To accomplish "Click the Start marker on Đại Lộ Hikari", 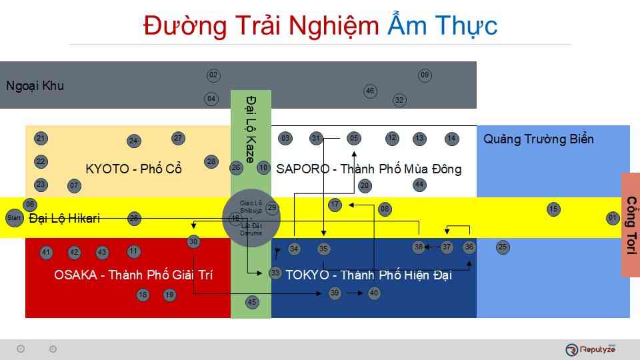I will coord(13,218).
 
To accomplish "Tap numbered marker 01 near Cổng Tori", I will coord(613,218).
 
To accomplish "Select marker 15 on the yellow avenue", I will coord(553,209).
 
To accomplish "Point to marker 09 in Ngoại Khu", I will coord(425,75).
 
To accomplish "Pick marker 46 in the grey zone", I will coord(371,91).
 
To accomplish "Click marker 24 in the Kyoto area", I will coord(133,141).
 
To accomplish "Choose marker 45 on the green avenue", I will coord(252,303).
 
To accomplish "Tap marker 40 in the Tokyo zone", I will coord(374,293).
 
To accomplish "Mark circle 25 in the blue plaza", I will coord(503,247).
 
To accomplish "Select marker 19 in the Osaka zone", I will coord(169,295).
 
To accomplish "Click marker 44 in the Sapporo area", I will coord(419,184).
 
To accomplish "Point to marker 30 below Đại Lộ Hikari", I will coord(193,242).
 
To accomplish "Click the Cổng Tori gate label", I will coord(631,225).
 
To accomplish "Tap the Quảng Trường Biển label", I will coord(538,139).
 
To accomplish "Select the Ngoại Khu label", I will coord(35,86).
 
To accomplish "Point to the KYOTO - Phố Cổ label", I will coord(134,169).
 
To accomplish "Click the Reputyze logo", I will coord(591,349).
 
